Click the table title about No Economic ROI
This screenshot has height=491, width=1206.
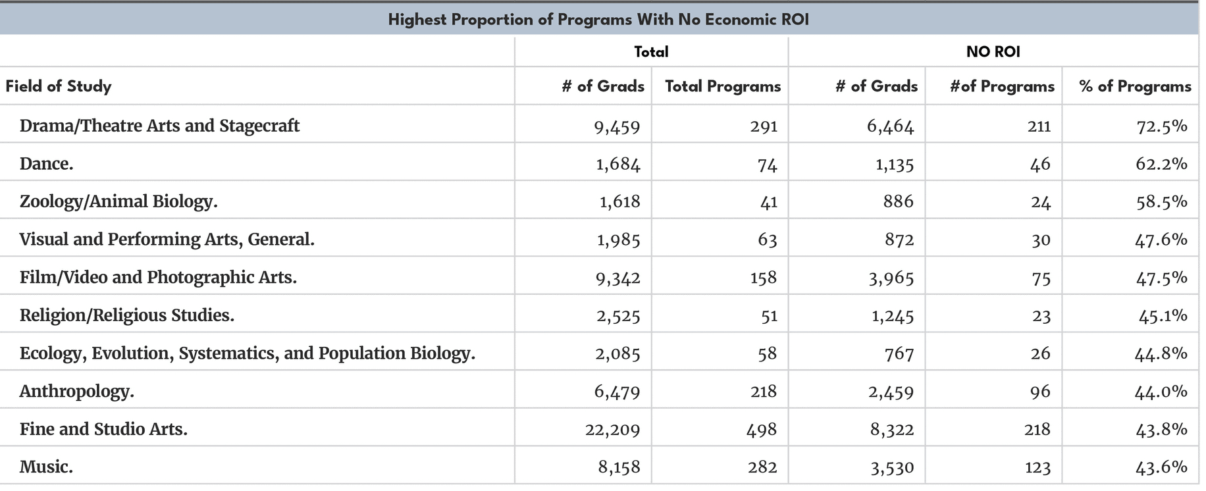click(x=598, y=19)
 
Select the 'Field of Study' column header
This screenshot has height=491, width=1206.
click(x=59, y=86)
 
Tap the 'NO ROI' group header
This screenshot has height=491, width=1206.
click(x=993, y=51)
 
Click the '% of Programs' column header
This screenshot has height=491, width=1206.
click(x=1135, y=86)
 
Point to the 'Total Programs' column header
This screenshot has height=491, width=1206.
click(x=722, y=86)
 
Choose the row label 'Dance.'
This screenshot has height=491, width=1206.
click(x=46, y=164)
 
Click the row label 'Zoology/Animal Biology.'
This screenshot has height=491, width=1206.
click(x=118, y=201)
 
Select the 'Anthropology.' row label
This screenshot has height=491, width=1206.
click(x=76, y=392)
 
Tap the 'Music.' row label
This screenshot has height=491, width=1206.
click(x=46, y=467)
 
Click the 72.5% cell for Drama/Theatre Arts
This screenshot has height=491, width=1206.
click(x=1161, y=126)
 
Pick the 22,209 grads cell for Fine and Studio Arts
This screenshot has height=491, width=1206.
click(x=612, y=430)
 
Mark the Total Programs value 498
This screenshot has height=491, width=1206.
click(x=762, y=430)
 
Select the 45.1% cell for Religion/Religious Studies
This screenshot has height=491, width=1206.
click(x=1163, y=316)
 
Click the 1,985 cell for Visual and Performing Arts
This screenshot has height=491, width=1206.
click(x=618, y=240)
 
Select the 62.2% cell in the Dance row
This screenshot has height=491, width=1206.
click(x=1161, y=164)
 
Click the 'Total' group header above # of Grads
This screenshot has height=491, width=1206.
click(x=650, y=51)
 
